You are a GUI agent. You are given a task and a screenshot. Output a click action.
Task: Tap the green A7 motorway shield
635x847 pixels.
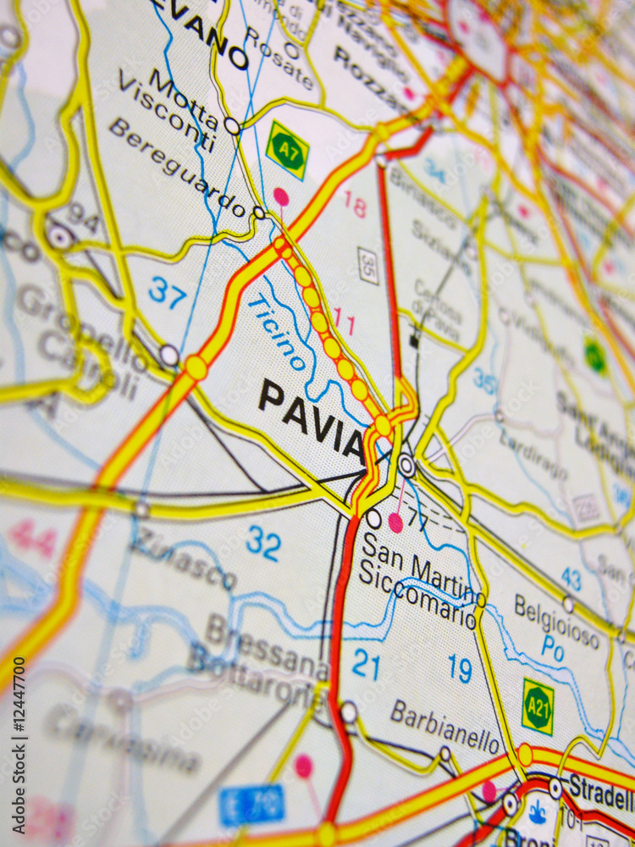pyautogui.click(x=287, y=150)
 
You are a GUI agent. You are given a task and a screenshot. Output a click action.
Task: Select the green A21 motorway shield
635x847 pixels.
pyautogui.click(x=538, y=706)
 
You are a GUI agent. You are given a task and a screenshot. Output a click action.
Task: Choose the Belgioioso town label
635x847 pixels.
pyautogui.click(x=557, y=622)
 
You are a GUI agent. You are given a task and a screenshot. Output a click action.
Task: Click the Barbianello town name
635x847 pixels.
pyautogui.click(x=444, y=727)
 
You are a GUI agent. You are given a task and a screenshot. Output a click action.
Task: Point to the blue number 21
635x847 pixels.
pyautogui.click(x=366, y=665)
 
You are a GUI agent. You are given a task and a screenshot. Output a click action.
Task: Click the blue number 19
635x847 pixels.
pyautogui.click(x=461, y=668)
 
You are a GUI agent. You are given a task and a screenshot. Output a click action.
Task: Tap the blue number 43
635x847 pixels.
pyautogui.click(x=571, y=579)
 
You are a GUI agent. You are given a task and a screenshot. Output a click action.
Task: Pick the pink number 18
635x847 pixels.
pyautogui.click(x=355, y=204)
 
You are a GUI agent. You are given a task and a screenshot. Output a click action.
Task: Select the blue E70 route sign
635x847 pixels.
pyautogui.click(x=252, y=805)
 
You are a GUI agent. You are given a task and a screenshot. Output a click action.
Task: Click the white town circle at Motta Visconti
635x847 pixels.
pyautogui.click(x=232, y=126)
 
